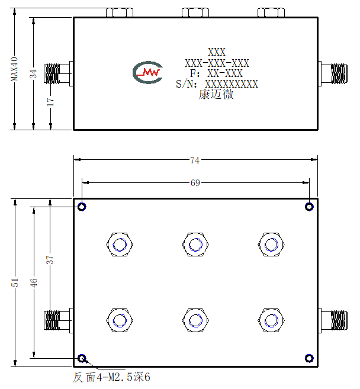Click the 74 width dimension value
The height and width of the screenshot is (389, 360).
195,160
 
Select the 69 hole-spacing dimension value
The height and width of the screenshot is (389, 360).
195,183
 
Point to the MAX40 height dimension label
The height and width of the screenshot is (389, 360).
14,69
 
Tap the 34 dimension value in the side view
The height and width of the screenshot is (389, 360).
33,74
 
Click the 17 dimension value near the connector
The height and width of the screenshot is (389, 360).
50,101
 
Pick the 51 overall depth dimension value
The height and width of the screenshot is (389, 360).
15,282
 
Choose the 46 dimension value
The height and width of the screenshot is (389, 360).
34,283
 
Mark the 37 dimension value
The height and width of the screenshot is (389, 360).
50,260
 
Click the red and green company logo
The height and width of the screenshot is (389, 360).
148,72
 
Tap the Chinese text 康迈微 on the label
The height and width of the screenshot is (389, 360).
216,95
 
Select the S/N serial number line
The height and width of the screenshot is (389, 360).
217,84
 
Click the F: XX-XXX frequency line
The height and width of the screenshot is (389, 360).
216,73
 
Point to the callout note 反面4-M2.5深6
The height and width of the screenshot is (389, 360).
111,377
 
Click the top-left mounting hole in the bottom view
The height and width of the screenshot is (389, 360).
82,207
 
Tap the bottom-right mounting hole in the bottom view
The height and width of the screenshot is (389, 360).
309,358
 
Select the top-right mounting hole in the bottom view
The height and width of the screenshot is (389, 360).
309,207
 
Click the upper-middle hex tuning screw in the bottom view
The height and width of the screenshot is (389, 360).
195,245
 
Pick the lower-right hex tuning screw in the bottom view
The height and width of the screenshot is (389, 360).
271,320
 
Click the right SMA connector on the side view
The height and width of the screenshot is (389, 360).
333,73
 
